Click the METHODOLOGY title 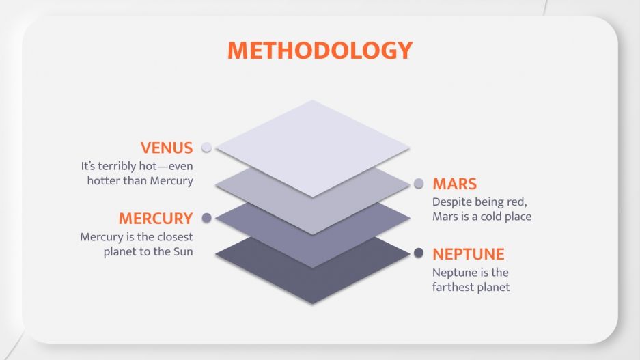coord(320,50)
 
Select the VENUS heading coord(167,148)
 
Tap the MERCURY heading coord(156,219)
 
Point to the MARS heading coord(454,184)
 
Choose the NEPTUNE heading coord(468,254)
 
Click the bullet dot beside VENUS coord(206,148)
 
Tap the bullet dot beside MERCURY coord(206,218)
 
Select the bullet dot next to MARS coord(419,184)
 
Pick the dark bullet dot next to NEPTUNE coord(419,253)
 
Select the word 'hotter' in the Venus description coord(103,181)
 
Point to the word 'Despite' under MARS coord(450,202)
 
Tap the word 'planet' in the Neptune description coord(492,287)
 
